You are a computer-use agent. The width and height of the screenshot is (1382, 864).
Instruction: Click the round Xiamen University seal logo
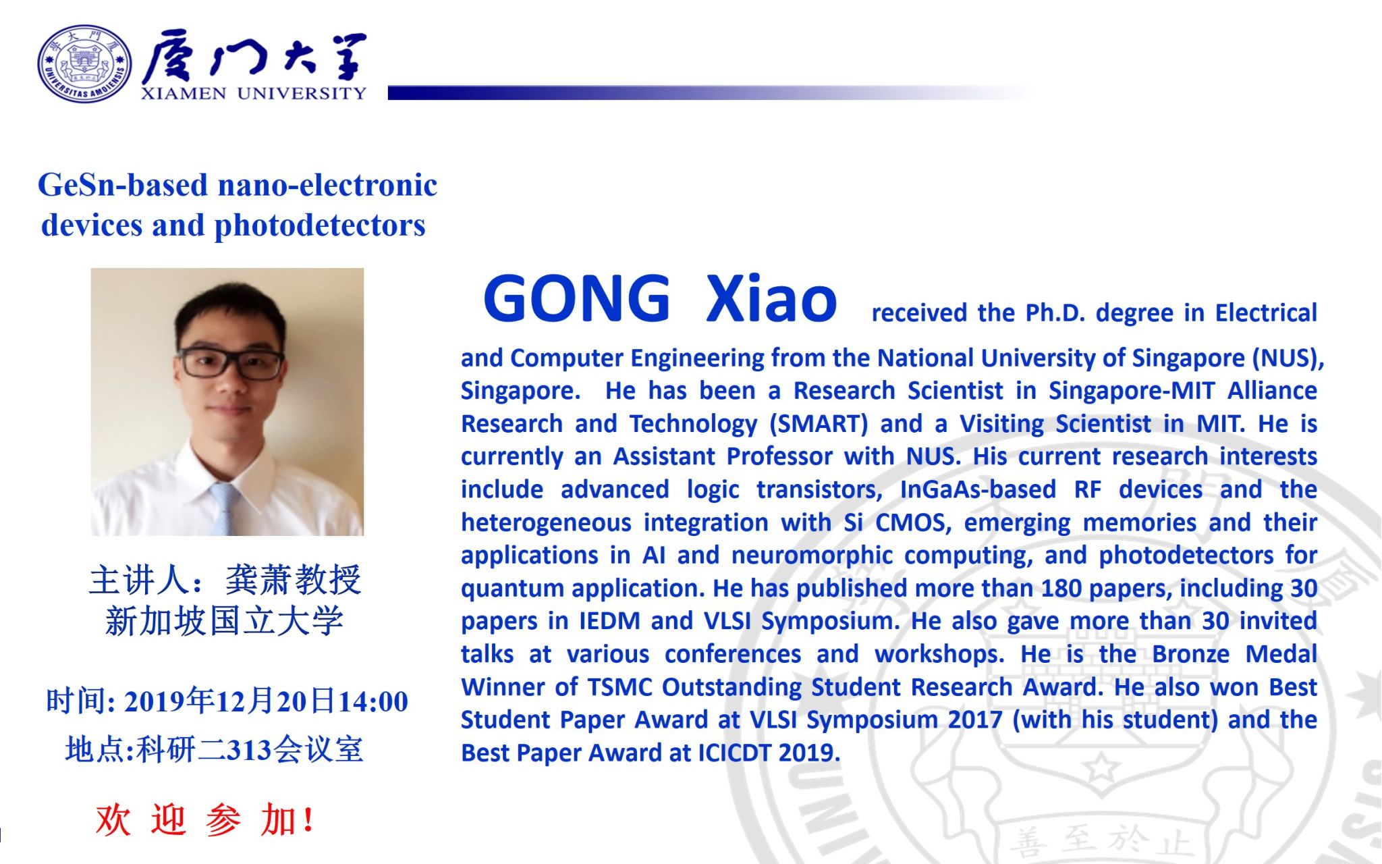coord(84,63)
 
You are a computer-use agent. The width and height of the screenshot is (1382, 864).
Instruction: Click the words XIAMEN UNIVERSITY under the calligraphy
coord(254,93)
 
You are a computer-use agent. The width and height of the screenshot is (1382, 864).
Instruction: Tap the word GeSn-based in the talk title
coord(122,185)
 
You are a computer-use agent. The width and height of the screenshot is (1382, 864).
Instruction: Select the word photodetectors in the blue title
coord(320,225)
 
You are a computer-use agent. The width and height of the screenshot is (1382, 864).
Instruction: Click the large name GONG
coord(577,298)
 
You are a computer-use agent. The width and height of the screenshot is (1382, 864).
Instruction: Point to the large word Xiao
coord(771,298)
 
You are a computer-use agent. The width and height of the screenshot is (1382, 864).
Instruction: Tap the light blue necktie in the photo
coord(226,508)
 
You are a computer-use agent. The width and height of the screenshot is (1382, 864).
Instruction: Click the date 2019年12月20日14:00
coord(266,701)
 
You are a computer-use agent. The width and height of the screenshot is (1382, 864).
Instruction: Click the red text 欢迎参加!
coord(204,821)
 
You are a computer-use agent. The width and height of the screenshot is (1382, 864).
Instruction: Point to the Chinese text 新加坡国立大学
coord(225,621)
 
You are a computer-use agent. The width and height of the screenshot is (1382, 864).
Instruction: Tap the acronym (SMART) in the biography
coord(819,424)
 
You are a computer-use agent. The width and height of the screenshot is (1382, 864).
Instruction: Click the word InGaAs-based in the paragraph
coord(978,489)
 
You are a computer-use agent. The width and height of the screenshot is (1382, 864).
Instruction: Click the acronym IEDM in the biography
coord(610,621)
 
